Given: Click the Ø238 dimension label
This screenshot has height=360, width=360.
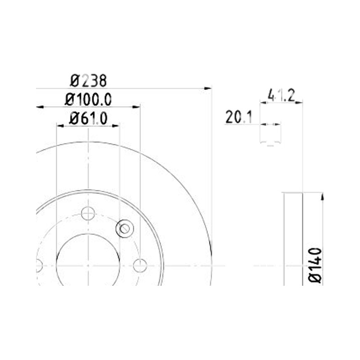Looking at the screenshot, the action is pos(88,81).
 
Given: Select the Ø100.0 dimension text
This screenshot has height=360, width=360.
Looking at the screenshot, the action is pos(88,99).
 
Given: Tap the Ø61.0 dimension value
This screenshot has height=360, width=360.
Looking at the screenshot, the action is pos(88,118).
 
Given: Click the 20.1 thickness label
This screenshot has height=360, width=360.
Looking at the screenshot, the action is pos(239,117).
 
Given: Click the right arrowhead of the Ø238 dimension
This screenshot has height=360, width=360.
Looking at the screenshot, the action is pos(208,88).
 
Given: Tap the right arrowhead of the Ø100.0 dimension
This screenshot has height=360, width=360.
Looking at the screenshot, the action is pos(136,107).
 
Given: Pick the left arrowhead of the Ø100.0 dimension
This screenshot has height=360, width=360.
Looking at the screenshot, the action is pos(40,107).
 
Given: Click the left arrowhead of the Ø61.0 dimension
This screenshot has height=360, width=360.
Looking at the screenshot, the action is pos(60,126).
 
